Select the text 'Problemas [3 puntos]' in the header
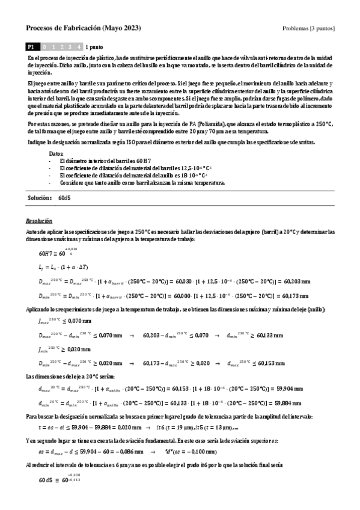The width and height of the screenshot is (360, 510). [308, 28]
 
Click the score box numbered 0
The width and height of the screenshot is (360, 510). [45, 46]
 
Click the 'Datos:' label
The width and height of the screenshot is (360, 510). [56, 155]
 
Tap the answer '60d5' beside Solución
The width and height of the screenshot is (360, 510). [65, 197]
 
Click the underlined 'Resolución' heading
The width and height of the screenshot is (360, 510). [40, 221]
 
